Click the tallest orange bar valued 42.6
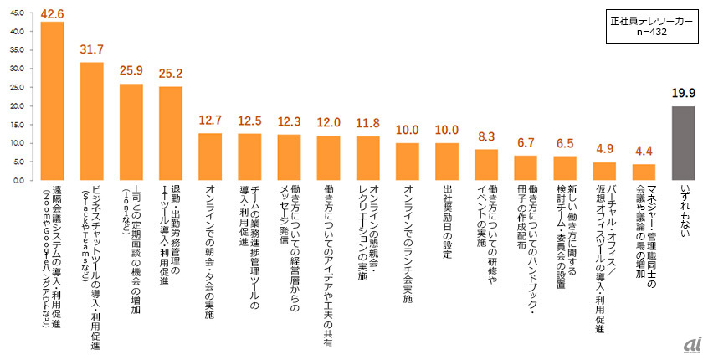click(52, 101)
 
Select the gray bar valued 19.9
click(683, 143)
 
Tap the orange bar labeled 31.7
click(91, 121)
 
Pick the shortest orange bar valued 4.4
click(644, 172)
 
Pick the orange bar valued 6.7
click(526, 168)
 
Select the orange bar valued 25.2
click(171, 133)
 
